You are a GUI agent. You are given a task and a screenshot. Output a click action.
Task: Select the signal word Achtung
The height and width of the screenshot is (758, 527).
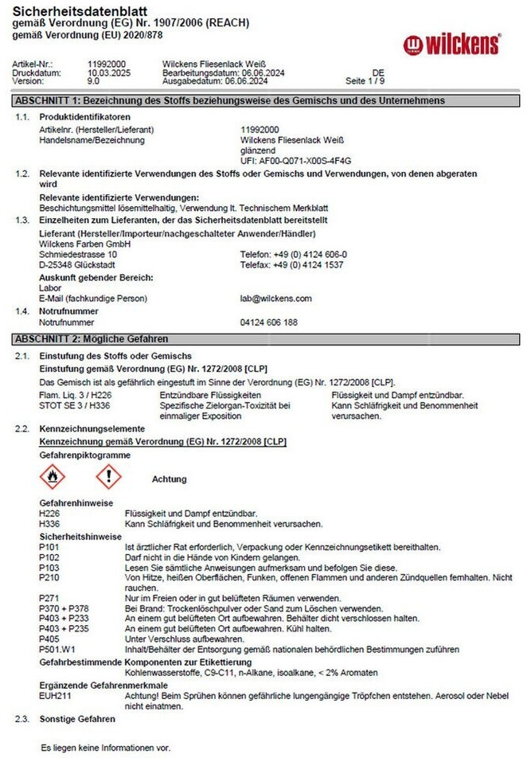(x=169, y=479)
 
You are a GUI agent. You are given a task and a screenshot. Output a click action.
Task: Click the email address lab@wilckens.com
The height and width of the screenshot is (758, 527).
(x=276, y=299)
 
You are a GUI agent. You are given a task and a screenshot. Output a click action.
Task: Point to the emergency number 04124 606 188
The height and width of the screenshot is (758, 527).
(x=269, y=322)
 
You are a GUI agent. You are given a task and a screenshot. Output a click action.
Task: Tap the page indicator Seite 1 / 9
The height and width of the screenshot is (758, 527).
(x=365, y=81)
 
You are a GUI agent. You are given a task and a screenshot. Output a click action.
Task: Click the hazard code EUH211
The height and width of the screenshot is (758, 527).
(x=55, y=695)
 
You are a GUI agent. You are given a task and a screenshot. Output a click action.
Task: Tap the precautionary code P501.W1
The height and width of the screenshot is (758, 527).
(x=57, y=649)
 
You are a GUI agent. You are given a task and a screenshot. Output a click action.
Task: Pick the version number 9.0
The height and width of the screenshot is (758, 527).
(x=93, y=81)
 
